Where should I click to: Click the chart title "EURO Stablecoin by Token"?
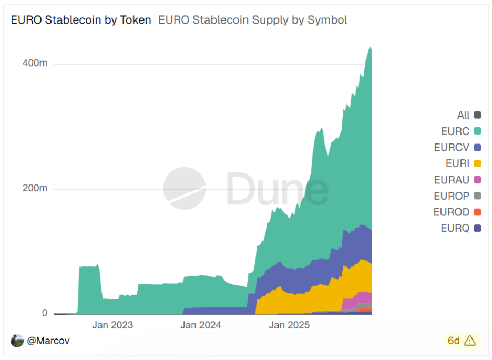[81, 20]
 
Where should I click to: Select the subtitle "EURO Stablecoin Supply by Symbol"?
[252, 20]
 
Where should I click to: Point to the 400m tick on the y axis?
[35, 63]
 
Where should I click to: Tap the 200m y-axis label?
[35, 188]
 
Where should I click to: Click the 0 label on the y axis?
[44, 313]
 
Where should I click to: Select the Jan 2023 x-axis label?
[112, 325]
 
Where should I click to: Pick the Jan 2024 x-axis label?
[201, 325]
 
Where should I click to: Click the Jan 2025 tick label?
[289, 325]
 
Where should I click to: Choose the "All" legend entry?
[463, 115]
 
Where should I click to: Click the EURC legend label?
[455, 131]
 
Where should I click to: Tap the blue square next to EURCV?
[477, 148]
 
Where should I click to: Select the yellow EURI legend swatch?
[477, 164]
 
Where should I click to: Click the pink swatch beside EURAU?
[477, 180]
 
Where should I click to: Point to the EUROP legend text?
[451, 196]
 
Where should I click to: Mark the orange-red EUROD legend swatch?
[477, 212]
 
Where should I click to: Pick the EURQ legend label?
[455, 228]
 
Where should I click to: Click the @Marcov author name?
[48, 341]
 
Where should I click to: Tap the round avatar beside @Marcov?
[17, 341]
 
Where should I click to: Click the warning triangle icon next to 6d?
[469, 341]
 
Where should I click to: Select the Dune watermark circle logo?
[184, 188]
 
